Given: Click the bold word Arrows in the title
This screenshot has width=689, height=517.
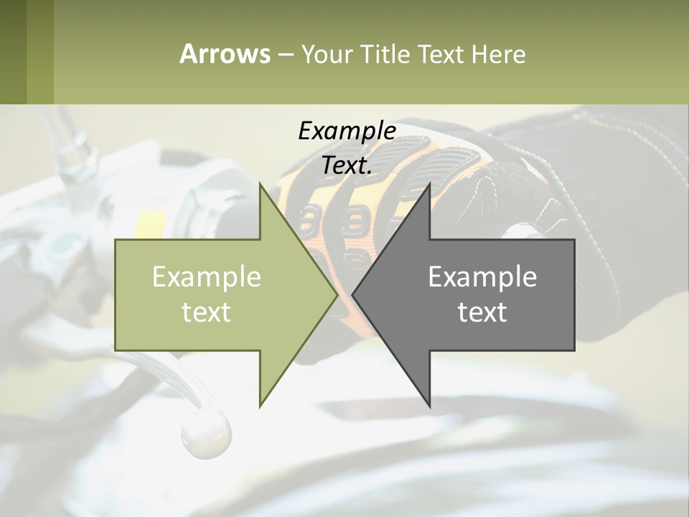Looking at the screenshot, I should (x=225, y=54).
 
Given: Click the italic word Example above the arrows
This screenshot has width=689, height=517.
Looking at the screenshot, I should (x=347, y=131).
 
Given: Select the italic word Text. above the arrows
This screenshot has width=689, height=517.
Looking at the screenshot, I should (x=347, y=165).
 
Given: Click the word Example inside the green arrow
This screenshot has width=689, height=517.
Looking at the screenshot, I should (x=207, y=276).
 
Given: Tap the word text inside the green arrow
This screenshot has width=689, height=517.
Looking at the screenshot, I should (x=207, y=312).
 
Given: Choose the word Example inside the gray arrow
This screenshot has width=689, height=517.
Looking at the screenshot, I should (x=482, y=276).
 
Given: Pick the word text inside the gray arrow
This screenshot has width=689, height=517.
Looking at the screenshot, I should (x=482, y=312).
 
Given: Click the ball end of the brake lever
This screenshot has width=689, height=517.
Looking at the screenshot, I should (x=207, y=432).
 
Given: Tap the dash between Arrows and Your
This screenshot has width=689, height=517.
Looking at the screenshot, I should (x=285, y=55).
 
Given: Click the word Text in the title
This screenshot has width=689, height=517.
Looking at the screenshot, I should (x=440, y=54).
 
